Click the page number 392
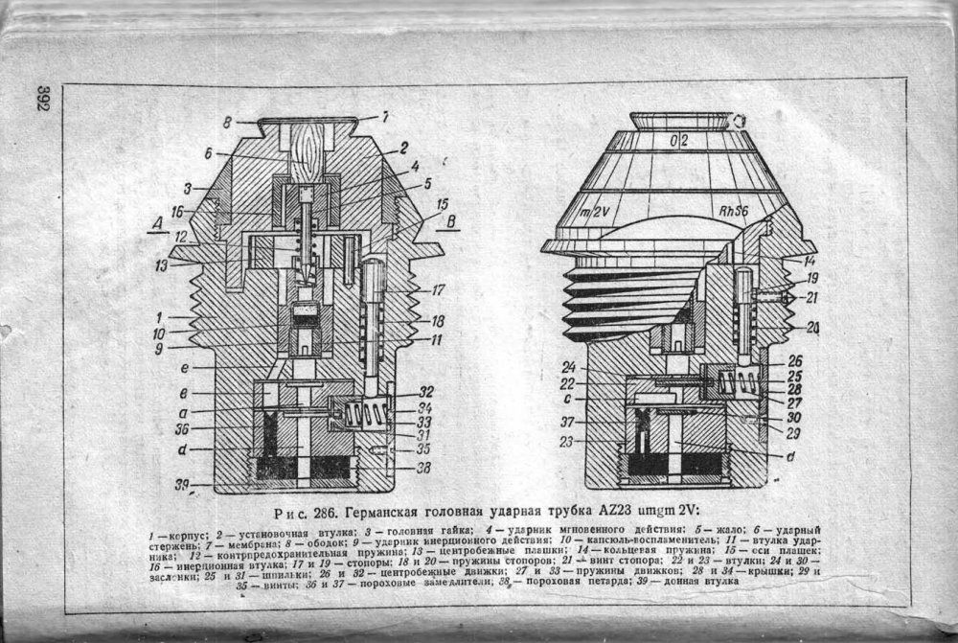(x=43, y=100)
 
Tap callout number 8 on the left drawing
(x=226, y=122)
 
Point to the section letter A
(x=155, y=223)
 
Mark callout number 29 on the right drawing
(x=792, y=434)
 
